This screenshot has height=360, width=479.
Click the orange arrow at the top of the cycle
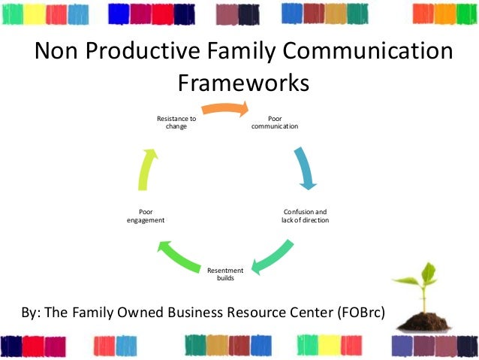[x=225, y=108]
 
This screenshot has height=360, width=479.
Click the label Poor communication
[x=275, y=123]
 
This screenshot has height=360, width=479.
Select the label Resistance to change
[x=176, y=123]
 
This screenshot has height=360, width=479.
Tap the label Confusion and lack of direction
[x=305, y=216]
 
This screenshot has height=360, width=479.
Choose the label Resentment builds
[x=225, y=274]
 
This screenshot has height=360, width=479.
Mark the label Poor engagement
[x=146, y=216]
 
